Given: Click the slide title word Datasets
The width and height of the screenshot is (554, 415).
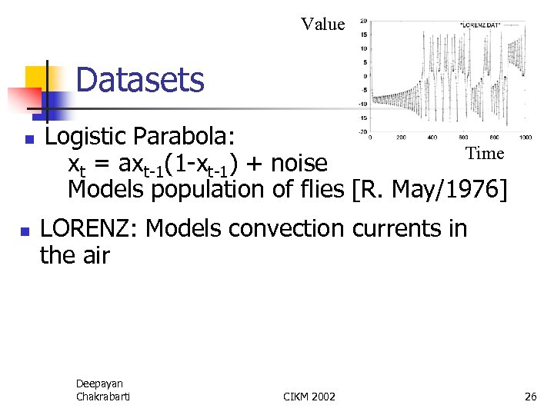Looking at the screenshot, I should (x=140, y=80).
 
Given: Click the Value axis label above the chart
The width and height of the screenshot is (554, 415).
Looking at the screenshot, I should (x=323, y=24).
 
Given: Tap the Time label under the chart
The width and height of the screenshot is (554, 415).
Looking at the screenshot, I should (x=485, y=153).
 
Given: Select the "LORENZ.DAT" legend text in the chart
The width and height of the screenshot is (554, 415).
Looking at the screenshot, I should (x=479, y=25).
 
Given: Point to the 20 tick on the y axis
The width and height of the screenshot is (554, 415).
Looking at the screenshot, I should (x=362, y=21).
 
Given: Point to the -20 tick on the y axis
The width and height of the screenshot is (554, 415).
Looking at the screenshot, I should (x=362, y=131).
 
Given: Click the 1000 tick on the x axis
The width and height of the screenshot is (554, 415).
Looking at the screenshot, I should (x=525, y=138).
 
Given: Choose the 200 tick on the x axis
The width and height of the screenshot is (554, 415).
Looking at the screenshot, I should (x=401, y=138).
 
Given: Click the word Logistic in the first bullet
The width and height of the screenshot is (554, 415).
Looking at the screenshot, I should (x=85, y=138).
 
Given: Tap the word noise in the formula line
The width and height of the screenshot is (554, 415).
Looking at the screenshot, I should (x=299, y=164).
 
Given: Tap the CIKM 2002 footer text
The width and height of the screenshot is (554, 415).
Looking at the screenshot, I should (x=309, y=397).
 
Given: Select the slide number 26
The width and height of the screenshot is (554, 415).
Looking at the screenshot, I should (x=530, y=397).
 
